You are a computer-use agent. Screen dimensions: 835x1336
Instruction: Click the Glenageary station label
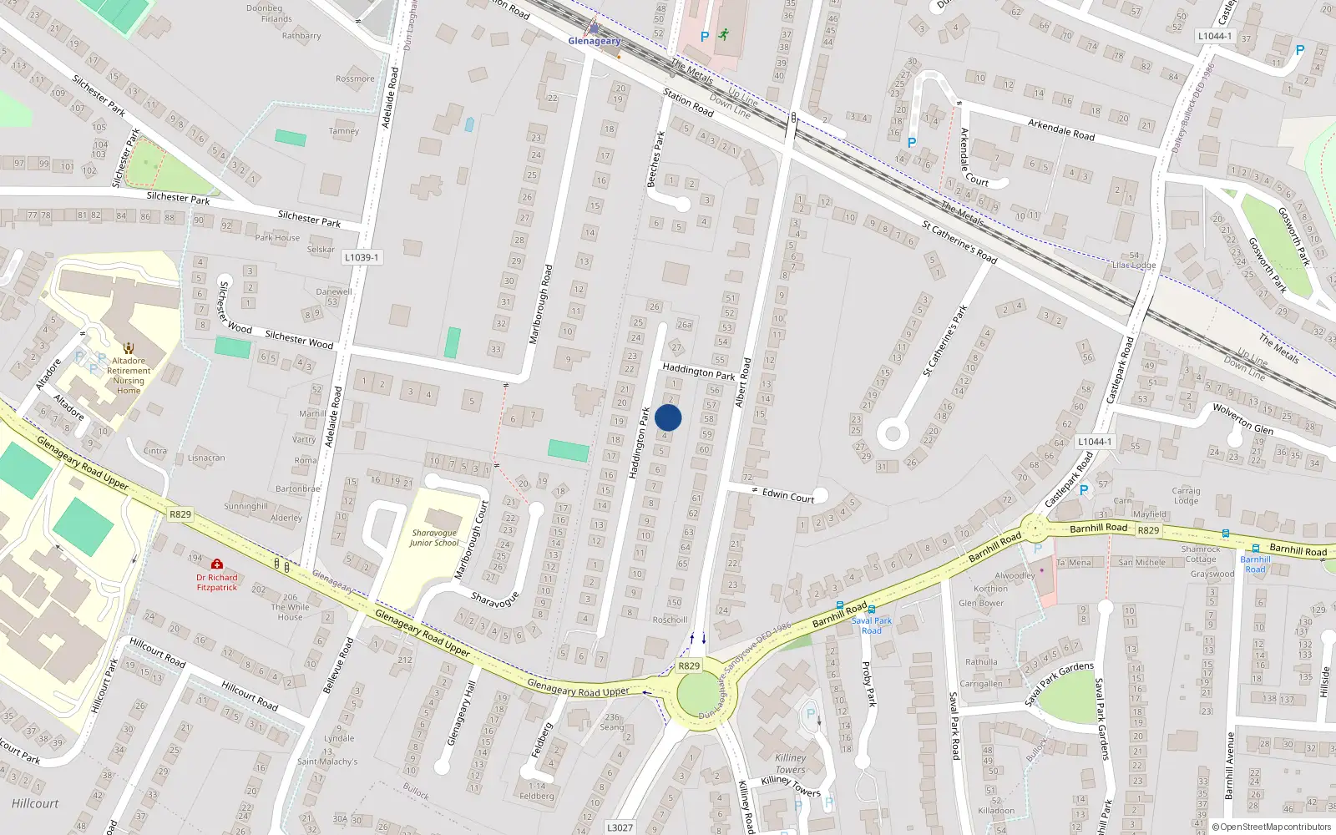pyautogui.click(x=594, y=41)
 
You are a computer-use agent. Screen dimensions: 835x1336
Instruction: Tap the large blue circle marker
pyautogui.click(x=668, y=417)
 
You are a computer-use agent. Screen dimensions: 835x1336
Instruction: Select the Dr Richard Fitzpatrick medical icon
pyautogui.click(x=217, y=564)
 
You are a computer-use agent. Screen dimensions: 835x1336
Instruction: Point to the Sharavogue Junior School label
pyautogui.click(x=434, y=538)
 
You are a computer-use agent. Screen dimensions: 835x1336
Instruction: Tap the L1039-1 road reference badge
pyautogui.click(x=362, y=257)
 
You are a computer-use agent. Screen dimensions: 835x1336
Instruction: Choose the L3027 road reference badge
pyautogui.click(x=620, y=827)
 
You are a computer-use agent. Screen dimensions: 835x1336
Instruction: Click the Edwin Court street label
pyautogui.click(x=787, y=495)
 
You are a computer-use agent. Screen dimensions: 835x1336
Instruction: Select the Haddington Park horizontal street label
pyautogui.click(x=698, y=371)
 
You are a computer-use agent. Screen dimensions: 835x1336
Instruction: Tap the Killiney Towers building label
pyautogui.click(x=790, y=763)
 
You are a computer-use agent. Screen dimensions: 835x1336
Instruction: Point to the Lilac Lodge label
pyautogui.click(x=1134, y=266)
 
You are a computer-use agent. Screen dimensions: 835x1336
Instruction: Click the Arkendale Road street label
pyautogui.click(x=1060, y=129)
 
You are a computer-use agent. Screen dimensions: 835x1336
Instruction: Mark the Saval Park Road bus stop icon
pyautogui.click(x=871, y=610)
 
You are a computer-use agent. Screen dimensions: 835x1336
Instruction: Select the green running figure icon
pyautogui.click(x=724, y=35)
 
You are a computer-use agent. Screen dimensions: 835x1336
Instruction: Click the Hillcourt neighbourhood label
pyautogui.click(x=35, y=803)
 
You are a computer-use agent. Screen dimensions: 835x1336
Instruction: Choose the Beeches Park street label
pyautogui.click(x=655, y=159)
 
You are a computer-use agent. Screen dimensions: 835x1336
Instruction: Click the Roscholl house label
pyautogui.click(x=670, y=620)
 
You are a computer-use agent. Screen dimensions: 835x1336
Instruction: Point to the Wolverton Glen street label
pyautogui.click(x=1242, y=418)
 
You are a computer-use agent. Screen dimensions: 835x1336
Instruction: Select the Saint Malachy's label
pyautogui.click(x=327, y=762)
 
